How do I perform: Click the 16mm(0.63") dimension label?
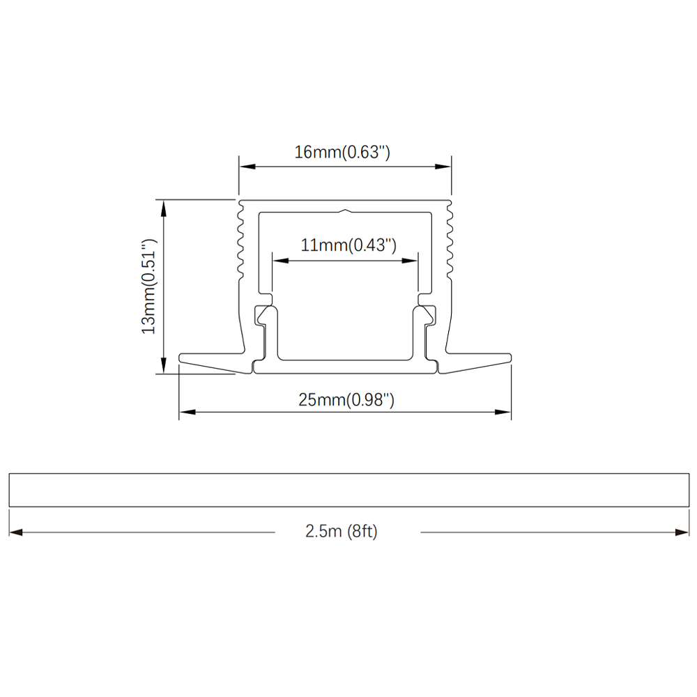[x=342, y=153]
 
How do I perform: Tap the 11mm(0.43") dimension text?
[x=348, y=245]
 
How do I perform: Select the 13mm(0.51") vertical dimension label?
[x=149, y=287]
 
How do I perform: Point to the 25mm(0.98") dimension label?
[x=346, y=400]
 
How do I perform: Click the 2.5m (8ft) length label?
[x=341, y=531]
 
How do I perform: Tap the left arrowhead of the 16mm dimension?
[x=247, y=167]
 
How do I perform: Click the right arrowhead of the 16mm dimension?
[x=443, y=167]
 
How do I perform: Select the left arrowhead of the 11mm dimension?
[x=280, y=261]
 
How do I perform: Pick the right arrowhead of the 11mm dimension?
[x=410, y=261]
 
